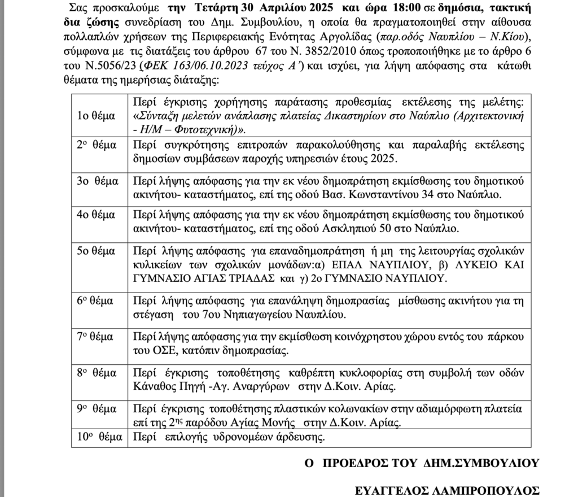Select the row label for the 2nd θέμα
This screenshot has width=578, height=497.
[96, 145]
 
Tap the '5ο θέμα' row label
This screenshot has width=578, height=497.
[97, 250]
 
